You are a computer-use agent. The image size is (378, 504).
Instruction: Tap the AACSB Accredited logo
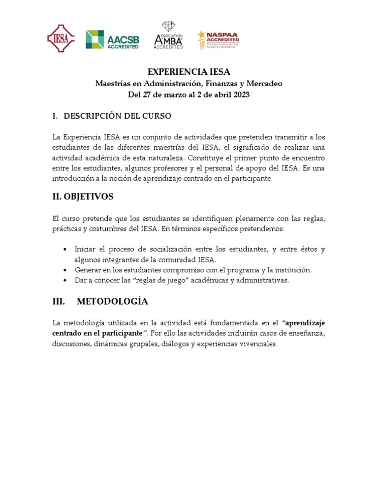tap(112, 39)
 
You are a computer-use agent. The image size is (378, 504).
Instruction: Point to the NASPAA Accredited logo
tap(218, 39)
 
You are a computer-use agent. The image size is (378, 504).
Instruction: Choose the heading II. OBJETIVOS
tap(83, 197)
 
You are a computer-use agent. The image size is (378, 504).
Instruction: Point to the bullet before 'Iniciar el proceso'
tap(65, 250)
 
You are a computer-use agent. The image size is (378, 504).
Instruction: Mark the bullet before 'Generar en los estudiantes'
tap(65, 270)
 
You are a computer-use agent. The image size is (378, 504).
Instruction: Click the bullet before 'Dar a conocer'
tap(65, 281)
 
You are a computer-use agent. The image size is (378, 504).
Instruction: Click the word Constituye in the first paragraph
tap(206, 157)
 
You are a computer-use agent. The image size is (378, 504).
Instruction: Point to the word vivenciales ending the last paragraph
tap(258, 344)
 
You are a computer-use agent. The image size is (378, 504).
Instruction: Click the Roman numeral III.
tap(59, 301)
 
